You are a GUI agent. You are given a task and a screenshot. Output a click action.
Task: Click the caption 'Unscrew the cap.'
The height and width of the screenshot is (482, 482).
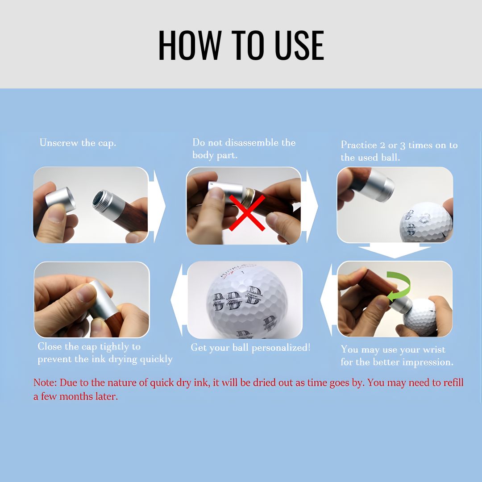point(78,143)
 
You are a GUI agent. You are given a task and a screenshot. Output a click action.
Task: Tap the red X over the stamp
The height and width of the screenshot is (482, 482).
point(247,212)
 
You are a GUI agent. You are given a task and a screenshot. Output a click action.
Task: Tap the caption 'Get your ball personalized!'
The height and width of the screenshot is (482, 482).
point(250,347)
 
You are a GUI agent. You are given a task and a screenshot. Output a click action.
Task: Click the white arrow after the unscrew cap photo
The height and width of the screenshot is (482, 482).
point(158,206)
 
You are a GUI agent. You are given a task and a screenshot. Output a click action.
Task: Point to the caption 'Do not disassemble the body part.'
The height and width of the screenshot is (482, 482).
point(244,149)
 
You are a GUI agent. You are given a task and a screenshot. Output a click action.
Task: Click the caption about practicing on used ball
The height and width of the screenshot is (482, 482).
point(399,151)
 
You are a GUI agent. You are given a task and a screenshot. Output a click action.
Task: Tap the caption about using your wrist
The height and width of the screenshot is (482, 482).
point(397,356)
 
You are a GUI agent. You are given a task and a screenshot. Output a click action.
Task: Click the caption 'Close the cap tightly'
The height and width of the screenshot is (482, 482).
point(105,353)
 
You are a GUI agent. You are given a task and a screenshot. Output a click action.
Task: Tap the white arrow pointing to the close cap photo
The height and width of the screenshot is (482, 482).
point(176,299)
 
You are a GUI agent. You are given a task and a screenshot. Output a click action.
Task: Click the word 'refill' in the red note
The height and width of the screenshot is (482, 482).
point(451,383)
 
